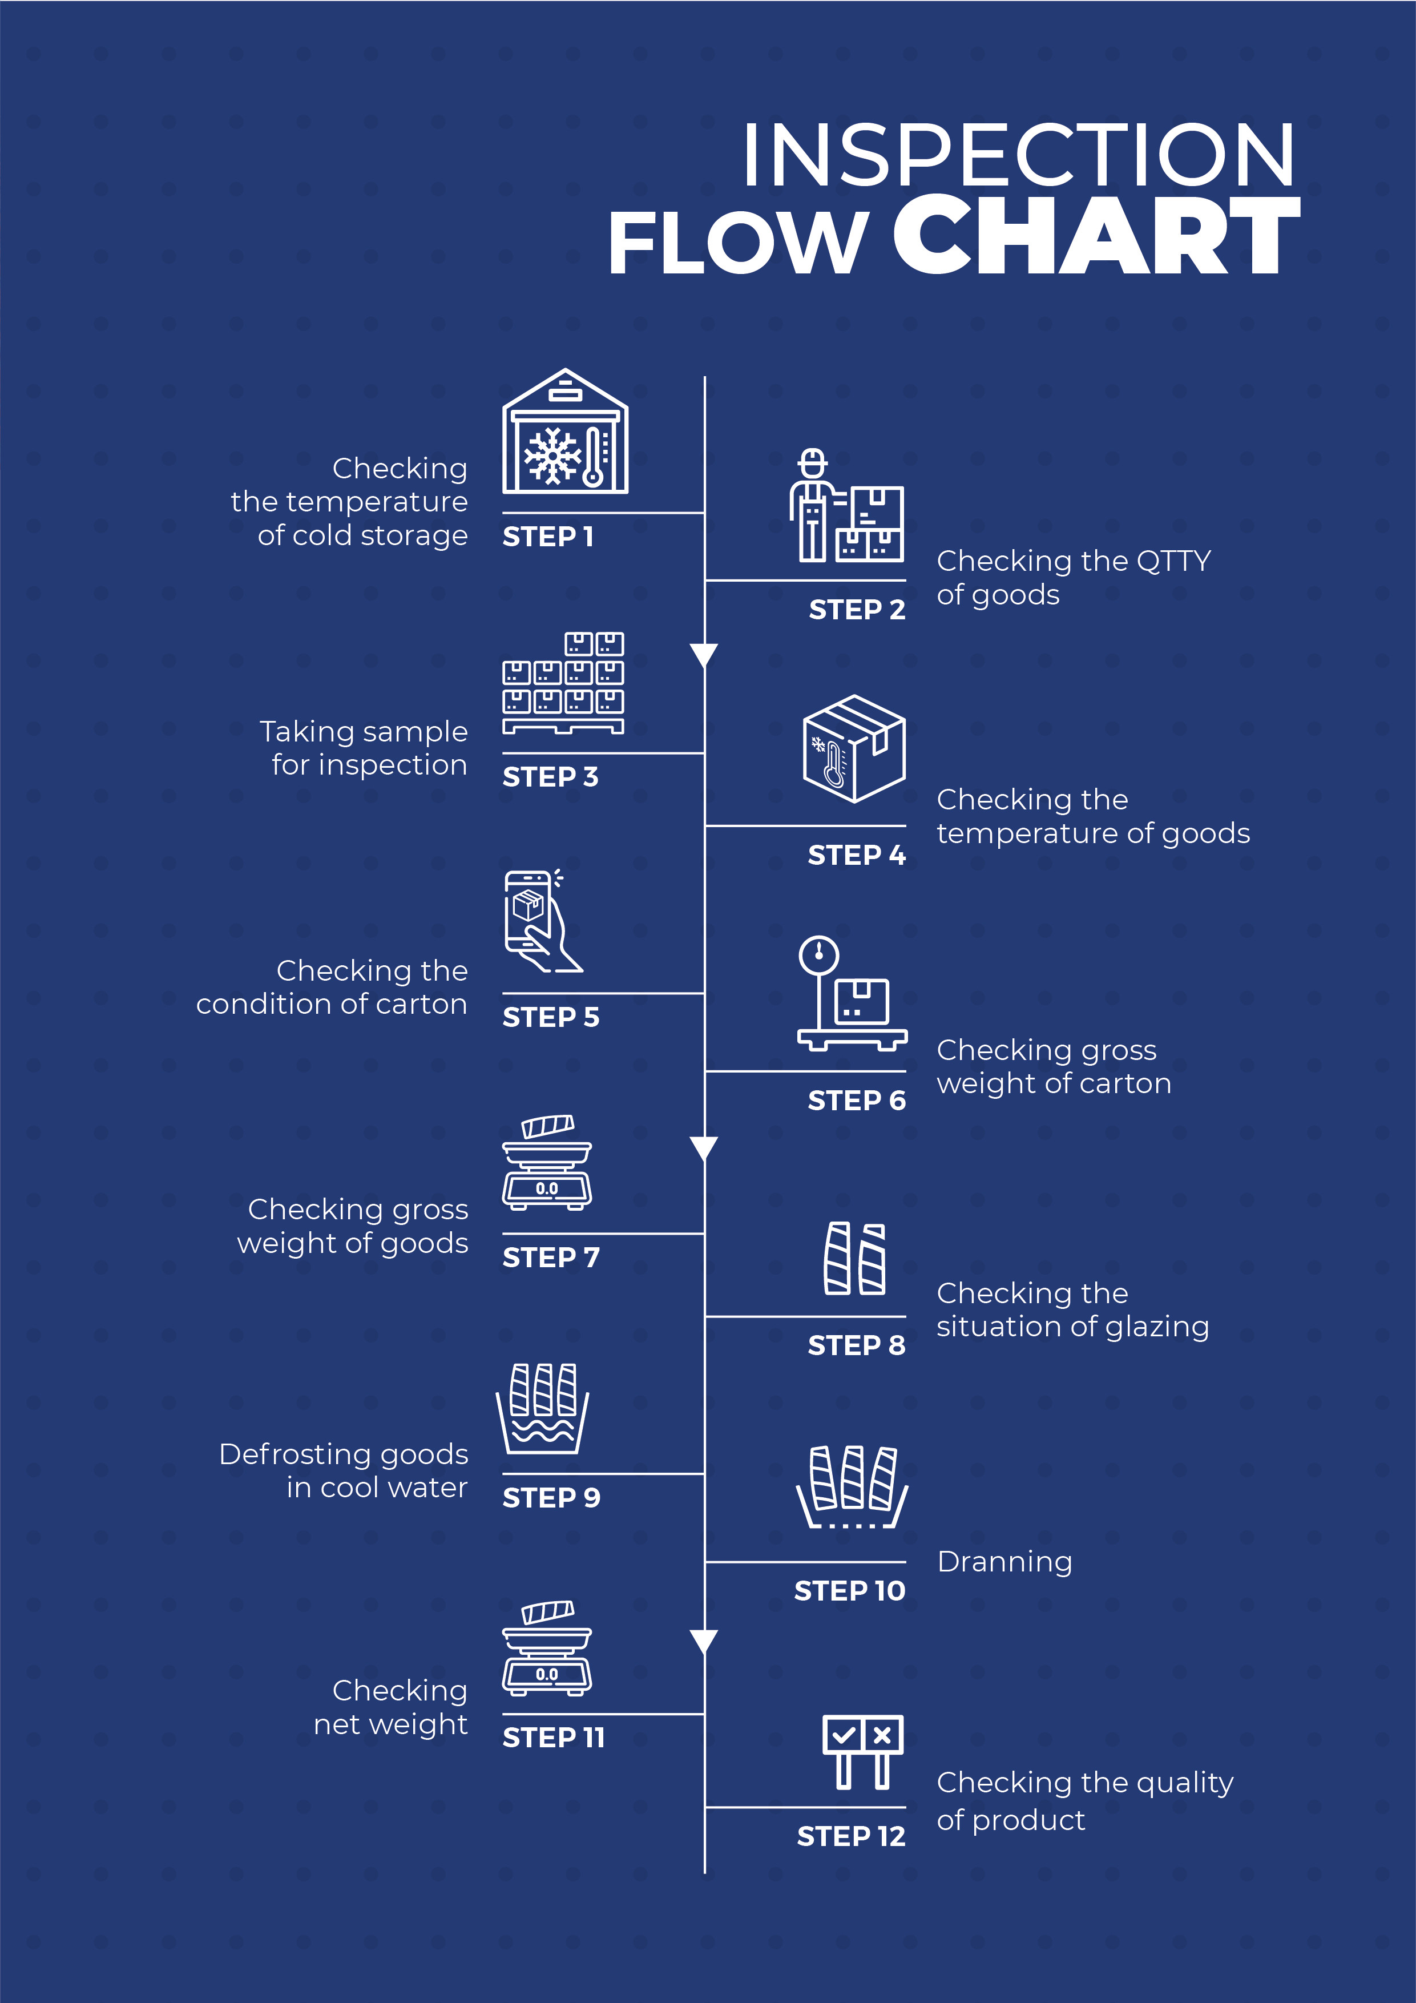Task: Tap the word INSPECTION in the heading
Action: coord(1018,155)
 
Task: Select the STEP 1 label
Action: coord(548,537)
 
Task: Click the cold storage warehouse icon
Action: coord(566,431)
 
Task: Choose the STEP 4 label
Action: coord(857,855)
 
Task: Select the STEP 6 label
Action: coord(857,1101)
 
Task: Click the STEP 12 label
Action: coord(852,1836)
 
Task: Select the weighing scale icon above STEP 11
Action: coord(547,1649)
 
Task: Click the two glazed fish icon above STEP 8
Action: coord(855,1259)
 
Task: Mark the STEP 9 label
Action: coord(551,1498)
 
